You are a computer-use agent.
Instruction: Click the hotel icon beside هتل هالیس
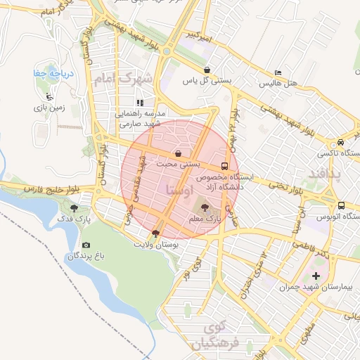(278, 73)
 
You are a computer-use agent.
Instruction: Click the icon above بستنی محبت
(179, 153)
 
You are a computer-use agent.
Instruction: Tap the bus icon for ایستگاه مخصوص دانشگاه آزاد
(224, 167)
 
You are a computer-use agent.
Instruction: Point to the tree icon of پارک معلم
(205, 208)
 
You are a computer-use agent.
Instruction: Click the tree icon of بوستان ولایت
(155, 233)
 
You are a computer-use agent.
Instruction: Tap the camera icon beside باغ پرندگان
(86, 245)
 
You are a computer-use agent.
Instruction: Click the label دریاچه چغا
(49, 74)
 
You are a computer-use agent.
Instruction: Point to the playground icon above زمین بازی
(49, 96)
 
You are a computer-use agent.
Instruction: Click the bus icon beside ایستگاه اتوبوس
(341, 205)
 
